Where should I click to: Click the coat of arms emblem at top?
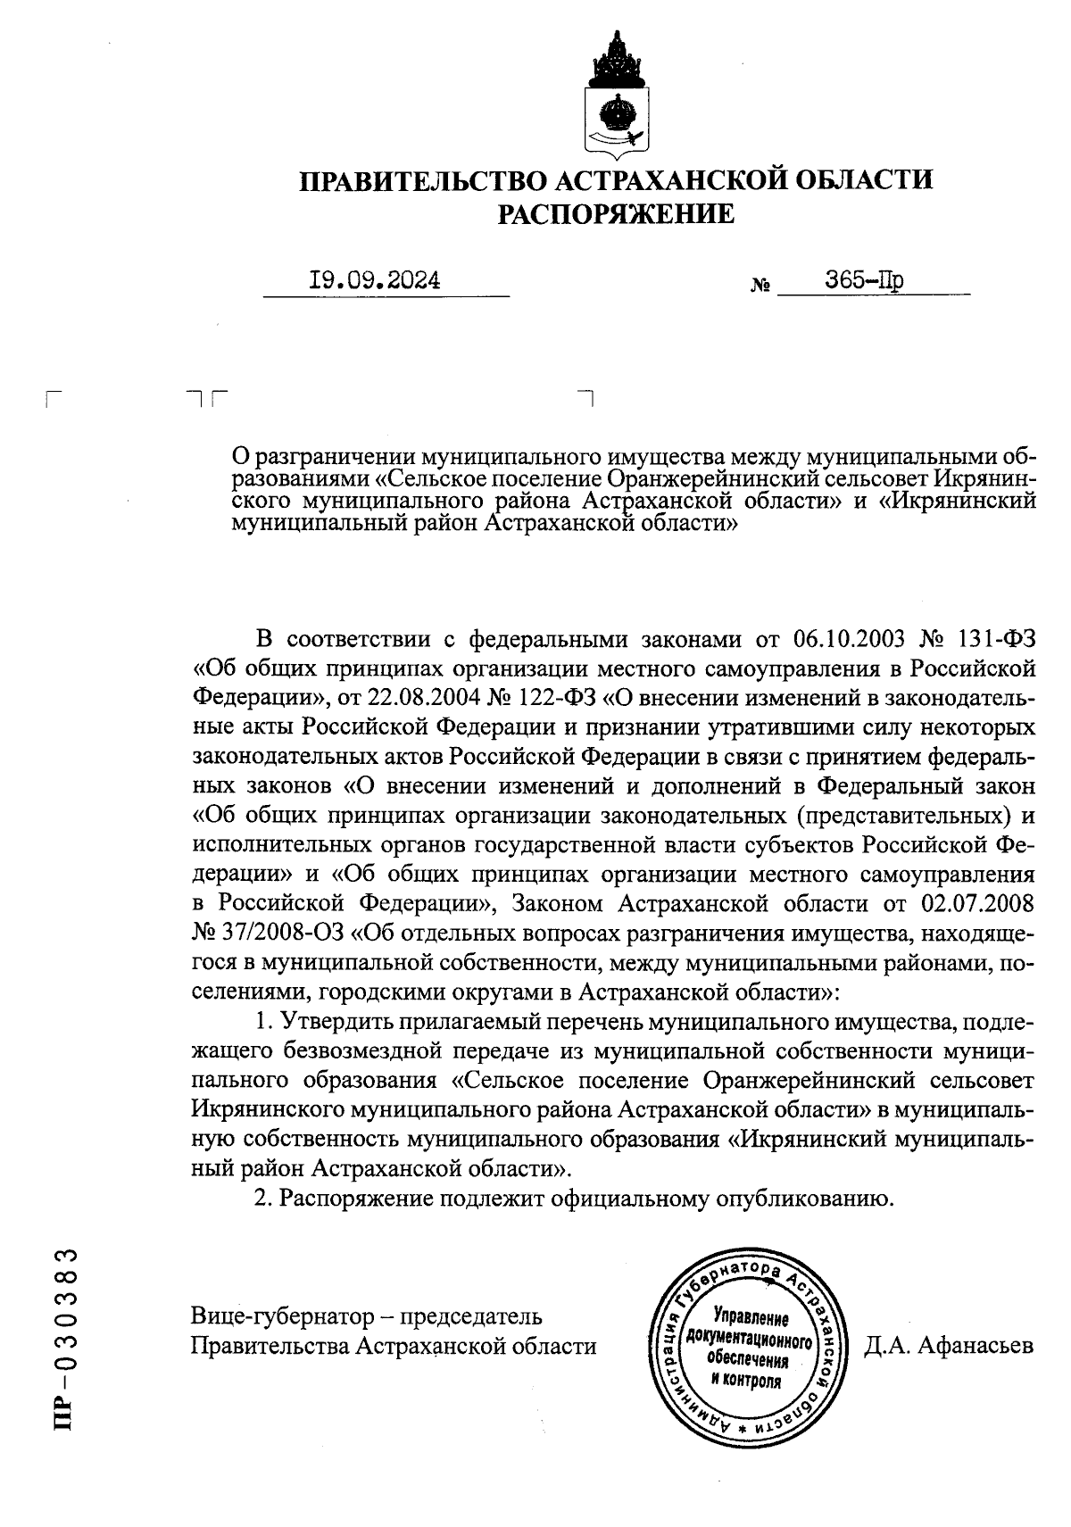[x=616, y=94]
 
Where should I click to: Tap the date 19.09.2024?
[x=374, y=281]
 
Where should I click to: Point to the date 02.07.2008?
[x=976, y=903]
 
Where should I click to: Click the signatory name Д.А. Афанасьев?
[x=949, y=1344]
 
